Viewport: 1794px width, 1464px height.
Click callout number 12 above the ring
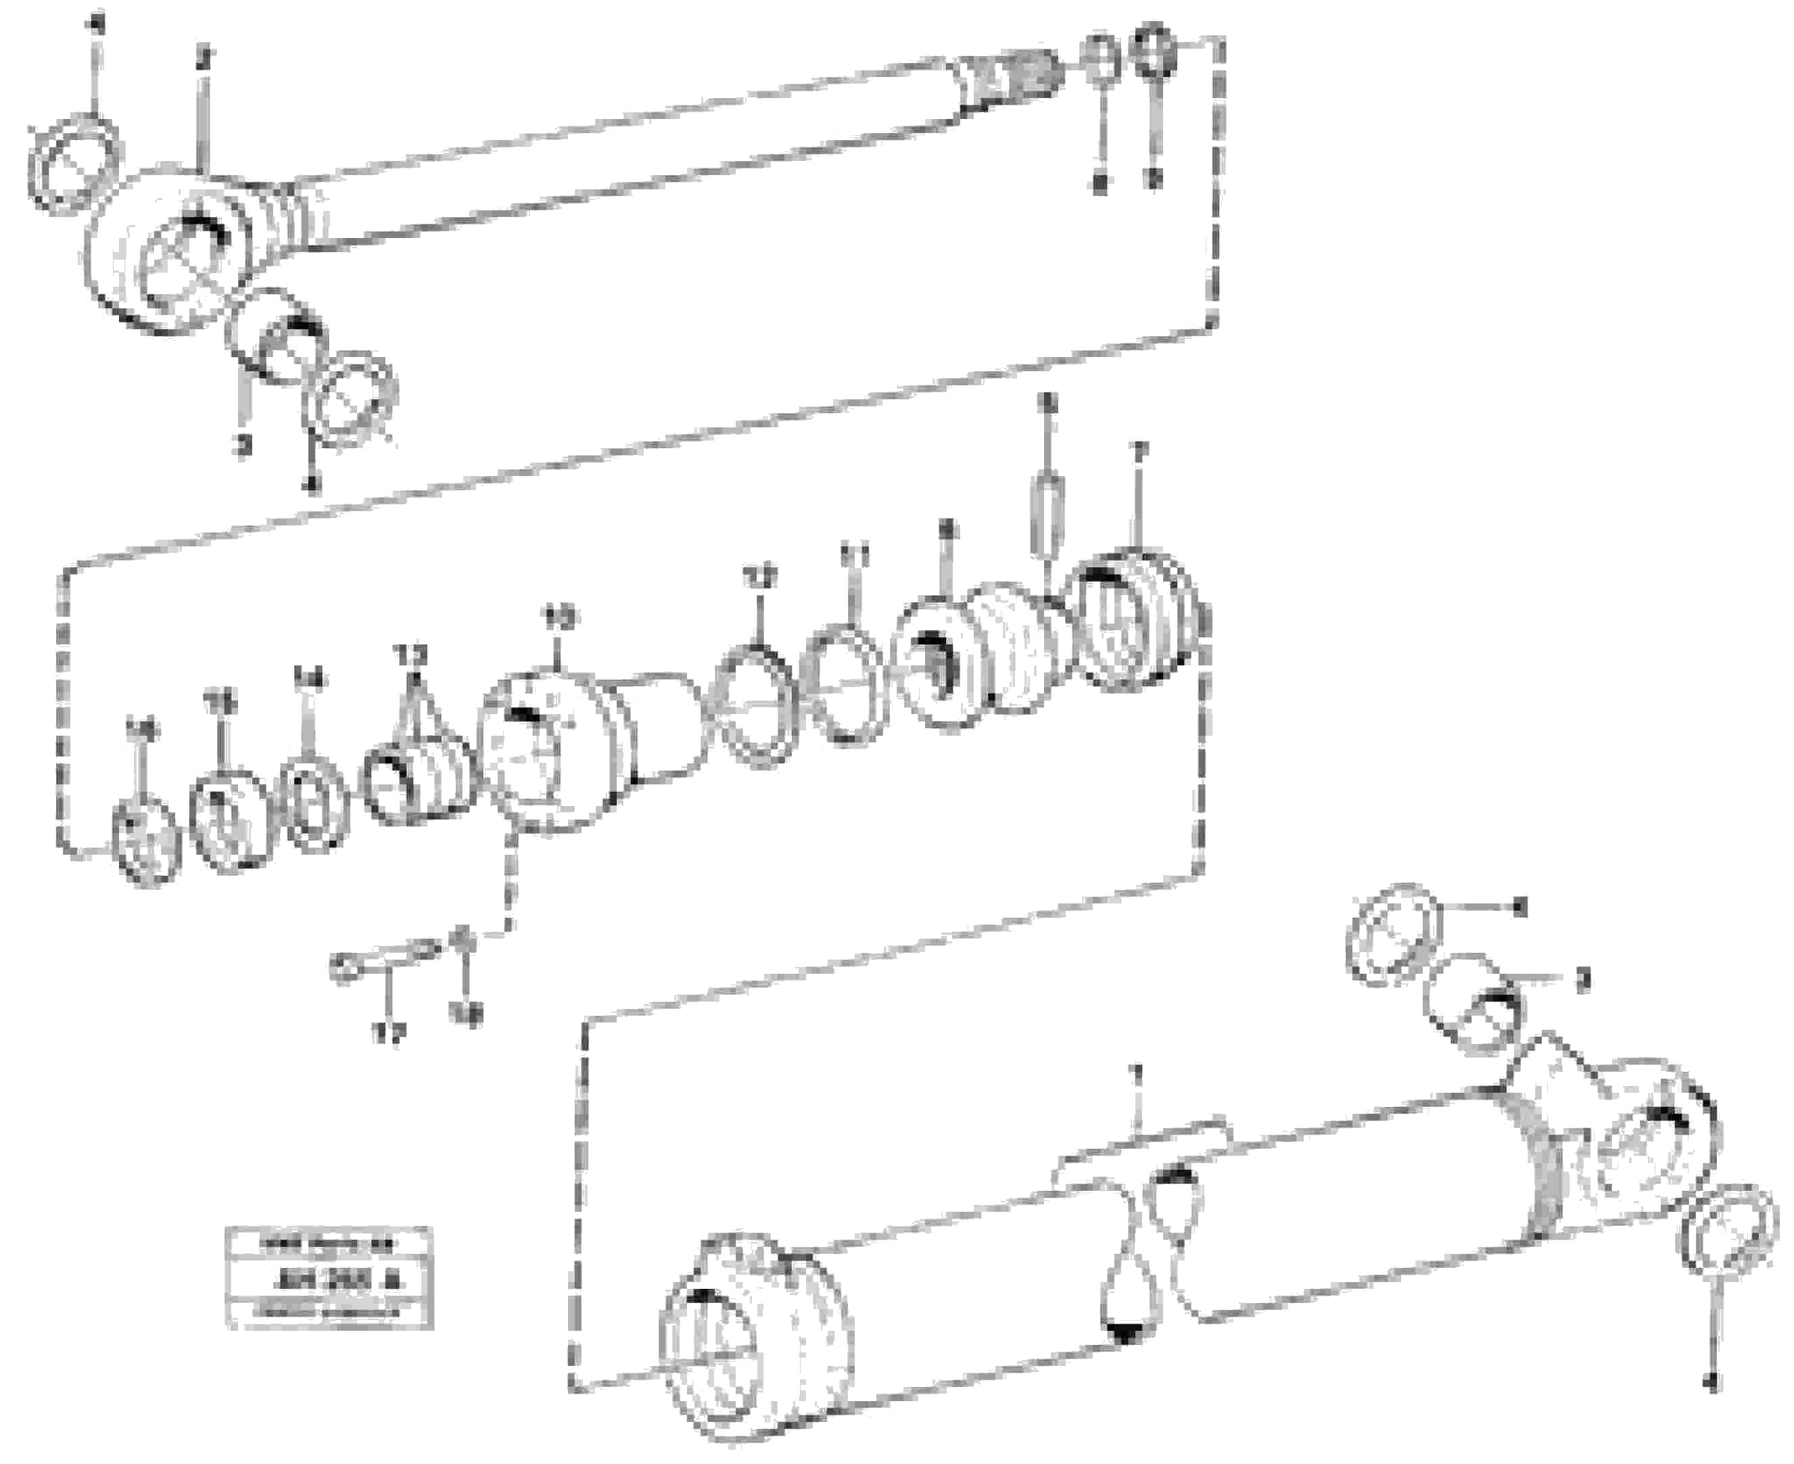[x=760, y=579]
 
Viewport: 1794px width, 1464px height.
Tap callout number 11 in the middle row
[x=853, y=557]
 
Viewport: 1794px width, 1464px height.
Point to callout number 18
[x=467, y=1016]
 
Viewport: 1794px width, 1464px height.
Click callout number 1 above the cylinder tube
[x=1136, y=1075]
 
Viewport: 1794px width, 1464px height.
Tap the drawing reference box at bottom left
[x=329, y=1277]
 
